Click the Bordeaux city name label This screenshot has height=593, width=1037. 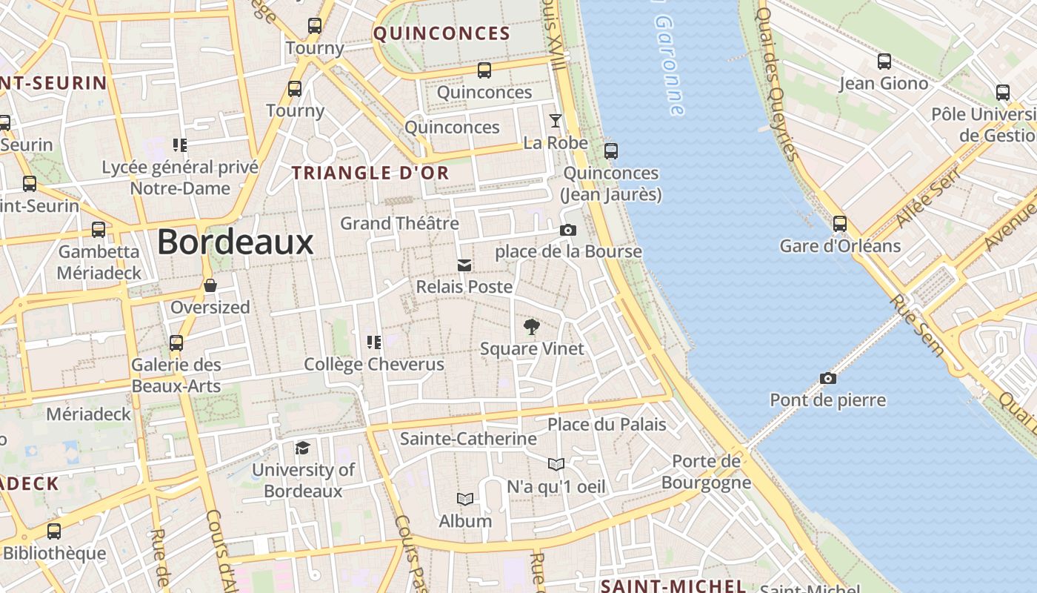tap(236, 242)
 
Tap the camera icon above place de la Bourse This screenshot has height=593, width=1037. tap(568, 231)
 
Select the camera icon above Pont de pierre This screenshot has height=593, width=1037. tap(828, 379)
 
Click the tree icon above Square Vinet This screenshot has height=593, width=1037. tap(531, 327)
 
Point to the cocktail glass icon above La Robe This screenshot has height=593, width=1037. tap(556, 121)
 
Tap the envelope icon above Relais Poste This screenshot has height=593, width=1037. tap(464, 265)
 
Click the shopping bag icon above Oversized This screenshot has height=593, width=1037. tap(210, 285)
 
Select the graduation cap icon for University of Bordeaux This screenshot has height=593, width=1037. tap(302, 448)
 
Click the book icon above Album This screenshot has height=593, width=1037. tap(464, 499)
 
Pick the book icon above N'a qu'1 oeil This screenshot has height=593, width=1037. tap(556, 465)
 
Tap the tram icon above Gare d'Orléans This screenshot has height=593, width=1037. tap(840, 224)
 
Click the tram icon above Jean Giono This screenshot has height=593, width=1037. tap(884, 62)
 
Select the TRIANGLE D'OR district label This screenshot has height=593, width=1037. tap(370, 173)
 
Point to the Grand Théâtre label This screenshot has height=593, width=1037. tap(399, 223)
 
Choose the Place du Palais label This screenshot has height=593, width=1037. tap(607, 425)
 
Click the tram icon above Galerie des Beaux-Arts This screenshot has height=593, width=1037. tap(176, 343)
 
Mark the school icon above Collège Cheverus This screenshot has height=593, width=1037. tap(374, 342)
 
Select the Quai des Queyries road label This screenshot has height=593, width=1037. tap(778, 82)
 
